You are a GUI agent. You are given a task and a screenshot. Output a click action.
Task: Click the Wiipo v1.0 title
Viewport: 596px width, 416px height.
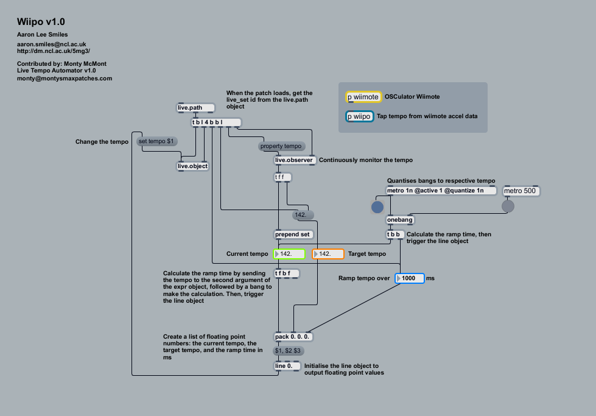click(x=41, y=22)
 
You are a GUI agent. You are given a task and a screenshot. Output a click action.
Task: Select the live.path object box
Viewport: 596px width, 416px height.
click(x=195, y=108)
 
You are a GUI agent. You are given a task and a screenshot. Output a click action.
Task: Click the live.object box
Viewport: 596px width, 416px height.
click(x=192, y=166)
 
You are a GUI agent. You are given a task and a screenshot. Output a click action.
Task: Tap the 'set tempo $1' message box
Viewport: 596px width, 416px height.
click(x=157, y=141)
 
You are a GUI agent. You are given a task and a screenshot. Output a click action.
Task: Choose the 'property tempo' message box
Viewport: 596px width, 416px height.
click(x=281, y=146)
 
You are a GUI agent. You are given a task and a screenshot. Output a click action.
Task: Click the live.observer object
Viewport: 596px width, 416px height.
click(x=295, y=160)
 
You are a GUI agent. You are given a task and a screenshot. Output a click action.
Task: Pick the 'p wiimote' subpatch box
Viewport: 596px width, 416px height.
click(x=363, y=97)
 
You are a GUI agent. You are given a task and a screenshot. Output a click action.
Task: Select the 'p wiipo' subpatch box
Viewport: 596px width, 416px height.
click(x=359, y=116)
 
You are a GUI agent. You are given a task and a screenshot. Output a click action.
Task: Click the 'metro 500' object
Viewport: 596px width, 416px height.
click(x=521, y=191)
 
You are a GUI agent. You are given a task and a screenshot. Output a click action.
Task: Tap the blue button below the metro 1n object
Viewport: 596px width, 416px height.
click(x=377, y=207)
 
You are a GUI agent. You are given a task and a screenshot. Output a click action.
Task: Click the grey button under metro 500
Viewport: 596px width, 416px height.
click(x=508, y=207)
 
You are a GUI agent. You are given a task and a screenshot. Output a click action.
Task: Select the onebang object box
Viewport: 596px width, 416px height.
click(x=400, y=220)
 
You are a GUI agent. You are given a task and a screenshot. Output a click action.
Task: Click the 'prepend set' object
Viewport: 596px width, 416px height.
click(x=293, y=234)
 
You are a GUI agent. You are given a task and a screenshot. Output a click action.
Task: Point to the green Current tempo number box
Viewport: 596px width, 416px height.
click(x=289, y=253)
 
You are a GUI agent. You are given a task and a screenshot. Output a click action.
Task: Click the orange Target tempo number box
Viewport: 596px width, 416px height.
click(x=328, y=253)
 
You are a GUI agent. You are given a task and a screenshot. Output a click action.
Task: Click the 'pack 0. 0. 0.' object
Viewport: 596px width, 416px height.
click(x=293, y=337)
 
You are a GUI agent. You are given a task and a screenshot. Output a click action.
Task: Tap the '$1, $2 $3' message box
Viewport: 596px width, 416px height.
click(x=289, y=351)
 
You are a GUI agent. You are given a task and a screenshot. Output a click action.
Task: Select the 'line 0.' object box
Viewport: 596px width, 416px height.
click(x=287, y=366)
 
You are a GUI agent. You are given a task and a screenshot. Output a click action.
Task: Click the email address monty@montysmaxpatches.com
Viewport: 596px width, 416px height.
click(x=65, y=79)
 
